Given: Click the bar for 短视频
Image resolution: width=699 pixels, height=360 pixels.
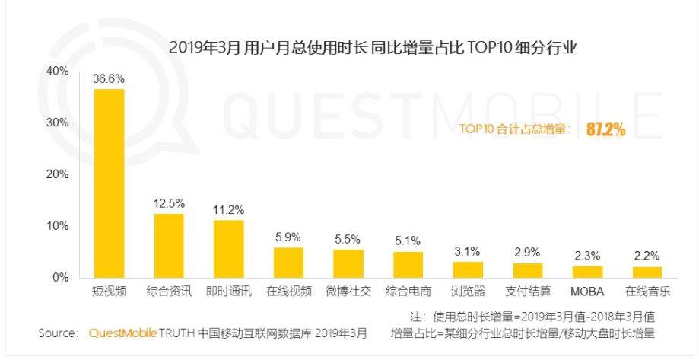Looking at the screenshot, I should point(109,183).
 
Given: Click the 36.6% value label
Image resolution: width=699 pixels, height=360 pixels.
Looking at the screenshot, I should point(109,78).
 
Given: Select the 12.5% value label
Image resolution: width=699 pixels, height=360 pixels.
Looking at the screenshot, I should point(168,203).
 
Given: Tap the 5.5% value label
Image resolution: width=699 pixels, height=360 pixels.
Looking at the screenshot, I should point(348,239).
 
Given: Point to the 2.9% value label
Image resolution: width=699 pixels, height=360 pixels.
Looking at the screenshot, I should point(527,252).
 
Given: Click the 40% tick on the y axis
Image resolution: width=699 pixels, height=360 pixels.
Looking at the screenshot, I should point(58,71).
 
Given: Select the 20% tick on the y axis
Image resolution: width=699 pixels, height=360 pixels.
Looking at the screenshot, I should point(58,174).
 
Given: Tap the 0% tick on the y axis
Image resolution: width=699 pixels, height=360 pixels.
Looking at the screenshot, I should point(61,278).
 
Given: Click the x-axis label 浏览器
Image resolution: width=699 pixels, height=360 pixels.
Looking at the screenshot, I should point(467,292).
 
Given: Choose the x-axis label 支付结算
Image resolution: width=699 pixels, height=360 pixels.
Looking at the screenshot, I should point(527,292).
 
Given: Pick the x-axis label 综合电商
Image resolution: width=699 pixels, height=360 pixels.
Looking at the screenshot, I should point(408,292).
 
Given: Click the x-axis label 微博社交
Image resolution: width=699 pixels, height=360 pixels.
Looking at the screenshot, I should point(348,292).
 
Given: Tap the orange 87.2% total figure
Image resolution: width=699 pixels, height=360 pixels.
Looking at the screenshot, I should point(605,129).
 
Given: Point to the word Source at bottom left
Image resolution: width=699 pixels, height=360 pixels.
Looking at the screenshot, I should point(58,333).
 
